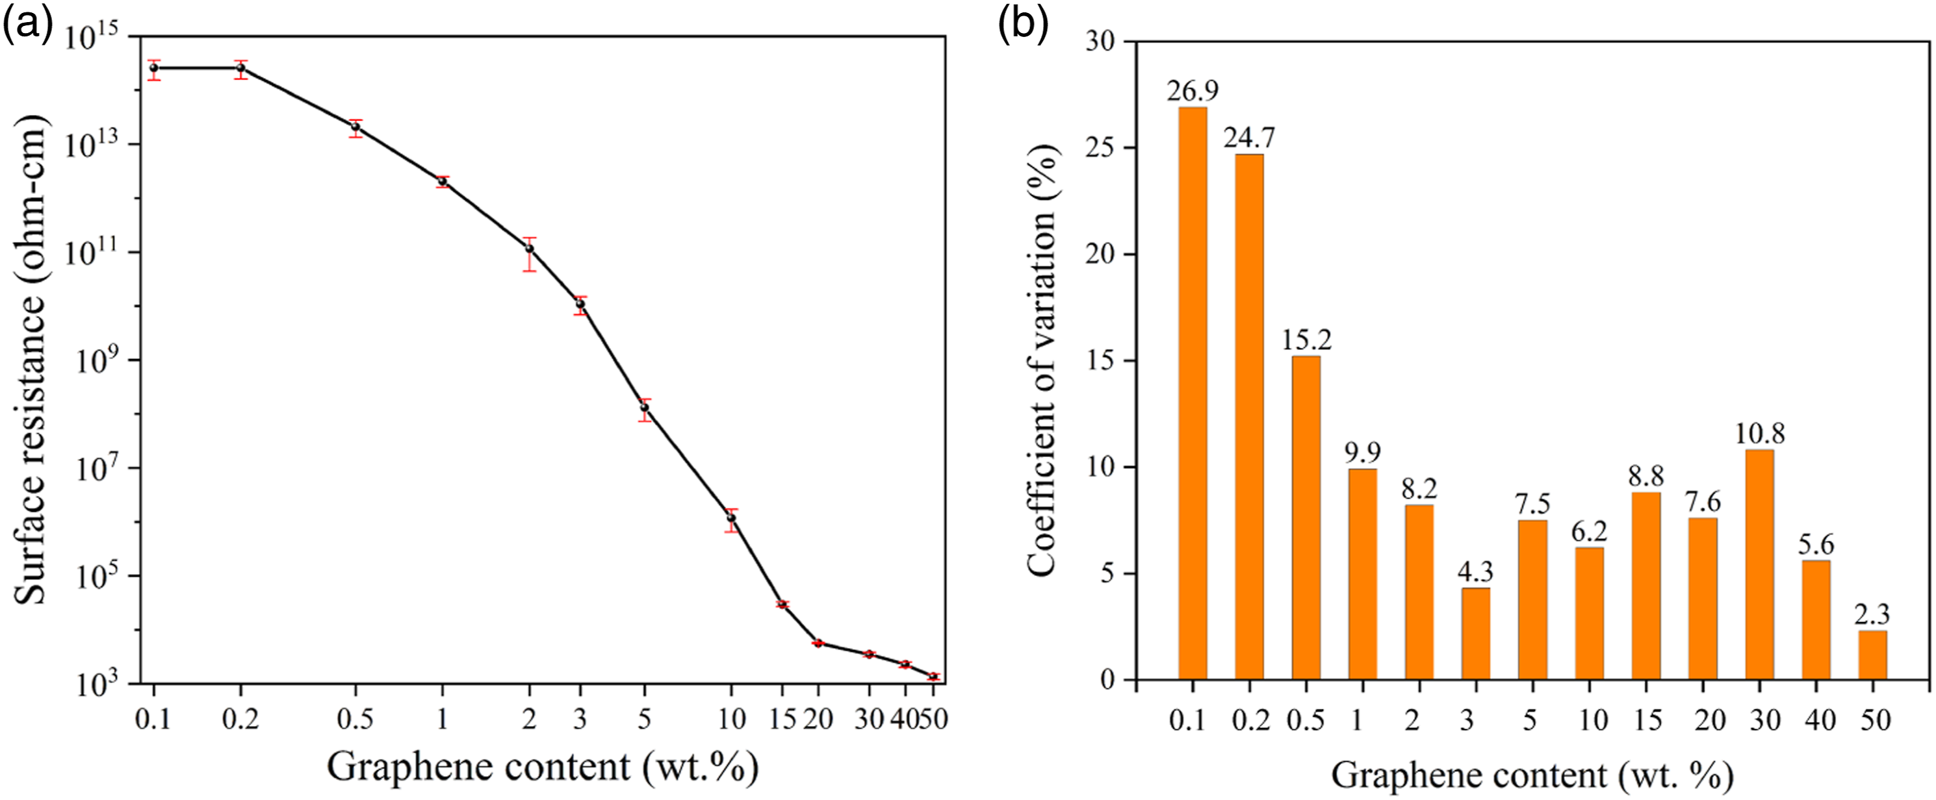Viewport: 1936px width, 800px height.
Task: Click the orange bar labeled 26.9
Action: (1193, 394)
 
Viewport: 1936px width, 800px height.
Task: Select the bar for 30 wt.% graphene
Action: (1759, 565)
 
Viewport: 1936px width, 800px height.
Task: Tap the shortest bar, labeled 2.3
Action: (1873, 655)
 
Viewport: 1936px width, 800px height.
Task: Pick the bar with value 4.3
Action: (1476, 634)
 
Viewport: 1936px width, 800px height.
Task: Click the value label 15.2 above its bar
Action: (1306, 340)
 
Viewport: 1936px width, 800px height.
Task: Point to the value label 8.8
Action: (1646, 476)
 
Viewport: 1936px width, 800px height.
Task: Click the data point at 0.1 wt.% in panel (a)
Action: (154, 68)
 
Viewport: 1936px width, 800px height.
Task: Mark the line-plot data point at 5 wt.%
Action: (644, 408)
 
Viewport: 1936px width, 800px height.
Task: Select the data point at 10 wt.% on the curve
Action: (731, 518)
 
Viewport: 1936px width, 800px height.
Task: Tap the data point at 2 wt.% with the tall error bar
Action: (530, 249)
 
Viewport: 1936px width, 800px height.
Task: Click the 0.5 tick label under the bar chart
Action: (1306, 720)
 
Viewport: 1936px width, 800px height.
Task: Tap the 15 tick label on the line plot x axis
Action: (782, 719)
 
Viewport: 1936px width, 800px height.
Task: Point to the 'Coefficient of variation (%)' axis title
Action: (1042, 360)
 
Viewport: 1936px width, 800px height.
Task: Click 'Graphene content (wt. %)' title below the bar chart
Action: (1532, 775)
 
